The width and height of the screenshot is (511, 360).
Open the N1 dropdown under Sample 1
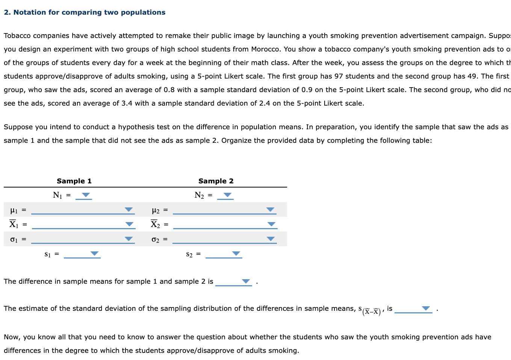tap(86, 195)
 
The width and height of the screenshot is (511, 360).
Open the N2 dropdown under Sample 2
tap(227, 195)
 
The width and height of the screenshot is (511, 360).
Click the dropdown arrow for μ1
tap(129, 210)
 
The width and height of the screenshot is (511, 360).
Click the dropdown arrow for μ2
tap(270, 210)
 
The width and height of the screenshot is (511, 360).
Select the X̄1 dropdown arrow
tap(129, 224)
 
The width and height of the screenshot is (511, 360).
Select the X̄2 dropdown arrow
tap(271, 224)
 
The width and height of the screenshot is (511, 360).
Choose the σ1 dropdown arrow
tap(129, 239)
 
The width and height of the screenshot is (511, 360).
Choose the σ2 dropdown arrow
tap(270, 239)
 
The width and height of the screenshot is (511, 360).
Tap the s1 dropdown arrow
tap(94, 254)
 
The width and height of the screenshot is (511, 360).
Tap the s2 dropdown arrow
tap(236, 254)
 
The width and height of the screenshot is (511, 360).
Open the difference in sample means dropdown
tap(246, 281)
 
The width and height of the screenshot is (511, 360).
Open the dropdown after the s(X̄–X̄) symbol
tap(425, 309)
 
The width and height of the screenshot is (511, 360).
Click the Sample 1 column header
tap(74, 181)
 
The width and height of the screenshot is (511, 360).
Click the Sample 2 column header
tap(216, 181)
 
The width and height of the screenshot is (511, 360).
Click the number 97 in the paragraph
tap(339, 76)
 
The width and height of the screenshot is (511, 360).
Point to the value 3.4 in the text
tap(127, 103)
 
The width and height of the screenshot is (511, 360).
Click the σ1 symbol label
tap(14, 239)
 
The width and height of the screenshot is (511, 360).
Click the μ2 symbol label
tap(156, 210)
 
